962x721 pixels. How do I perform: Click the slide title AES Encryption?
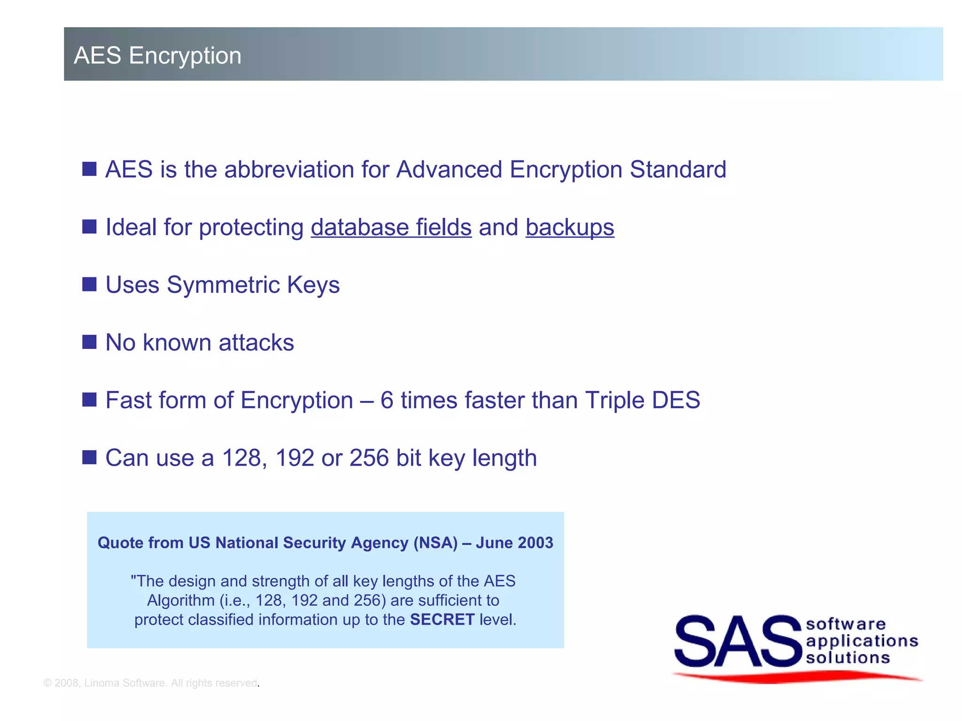(157, 55)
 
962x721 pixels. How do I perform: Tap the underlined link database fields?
(391, 228)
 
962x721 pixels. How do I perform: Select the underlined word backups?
(569, 228)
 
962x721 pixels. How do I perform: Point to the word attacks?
(256, 343)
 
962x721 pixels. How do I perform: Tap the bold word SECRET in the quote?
(442, 620)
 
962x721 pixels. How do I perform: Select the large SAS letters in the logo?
(737, 642)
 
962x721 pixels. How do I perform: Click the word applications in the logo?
(862, 641)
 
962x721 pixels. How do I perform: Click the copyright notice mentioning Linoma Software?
(150, 683)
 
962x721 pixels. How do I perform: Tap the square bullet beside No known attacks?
(89, 342)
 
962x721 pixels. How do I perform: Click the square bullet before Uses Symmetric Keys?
(89, 284)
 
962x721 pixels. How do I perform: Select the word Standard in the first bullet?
(678, 169)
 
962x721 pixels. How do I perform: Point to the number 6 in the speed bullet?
(387, 400)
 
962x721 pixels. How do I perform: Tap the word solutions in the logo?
(848, 658)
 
